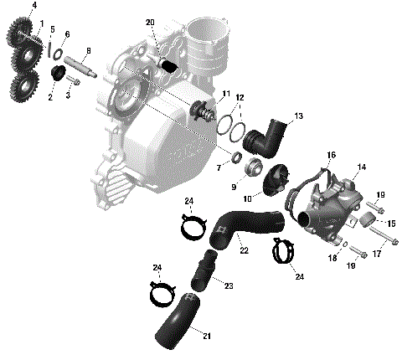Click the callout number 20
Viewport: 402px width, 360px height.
(x=150, y=22)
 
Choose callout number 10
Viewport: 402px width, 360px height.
(x=248, y=198)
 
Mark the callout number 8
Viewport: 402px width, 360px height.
(x=89, y=51)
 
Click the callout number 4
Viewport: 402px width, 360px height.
(x=33, y=6)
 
